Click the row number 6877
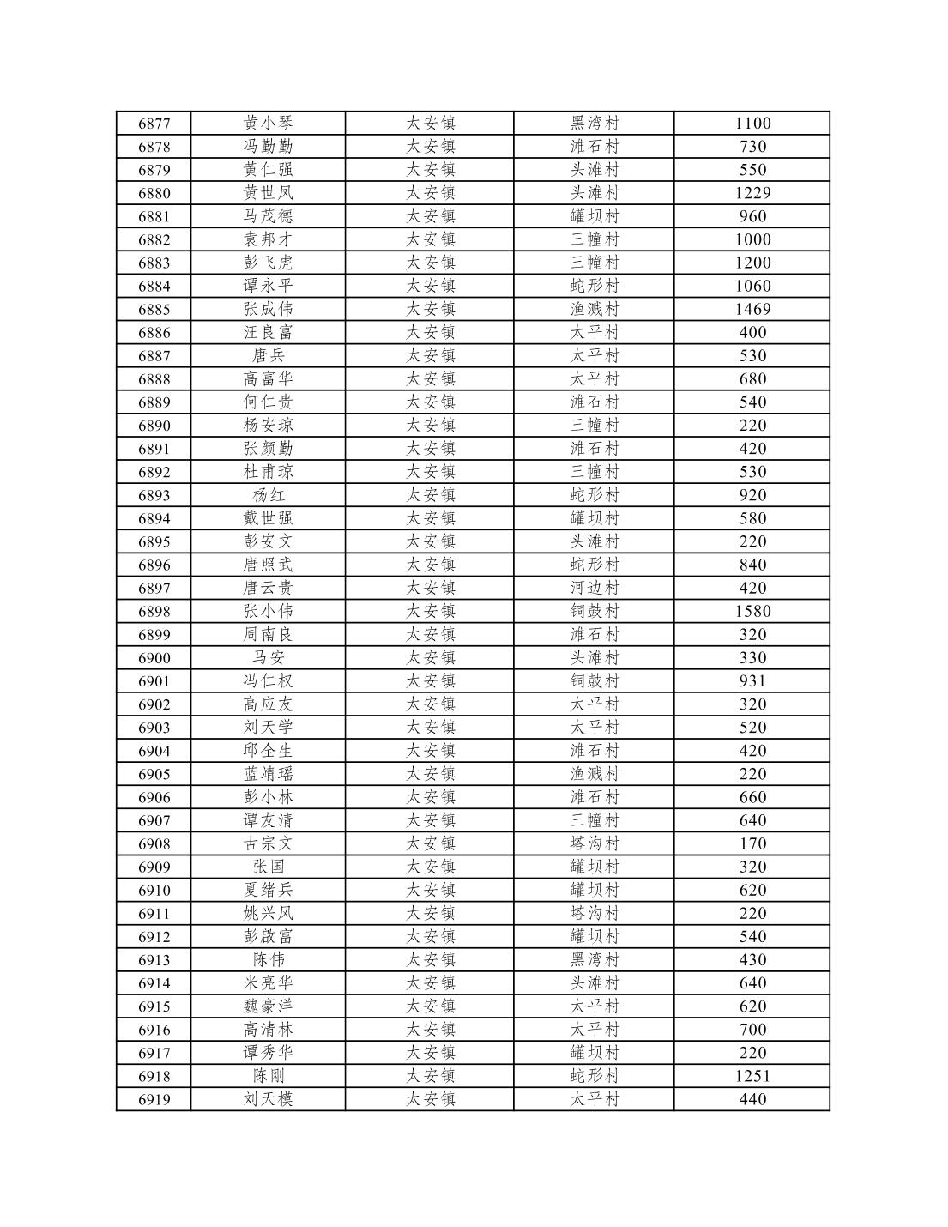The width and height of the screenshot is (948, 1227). [154, 124]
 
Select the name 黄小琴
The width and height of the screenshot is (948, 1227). [268, 124]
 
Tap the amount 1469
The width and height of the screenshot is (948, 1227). [752, 309]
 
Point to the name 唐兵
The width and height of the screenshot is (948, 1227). [268, 355]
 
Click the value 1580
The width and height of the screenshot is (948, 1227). [752, 612]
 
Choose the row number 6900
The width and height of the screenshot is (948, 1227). [154, 658]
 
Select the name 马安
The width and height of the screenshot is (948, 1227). [268, 658]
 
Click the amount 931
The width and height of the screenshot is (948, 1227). [752, 681]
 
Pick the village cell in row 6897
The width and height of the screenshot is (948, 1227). [595, 589]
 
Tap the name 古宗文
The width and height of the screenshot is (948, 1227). [268, 844]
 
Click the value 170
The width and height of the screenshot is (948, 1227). [752, 844]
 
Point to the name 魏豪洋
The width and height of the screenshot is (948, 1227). [268, 1006]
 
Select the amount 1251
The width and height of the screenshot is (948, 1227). [752, 1076]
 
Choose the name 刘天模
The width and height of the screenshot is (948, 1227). [268, 1099]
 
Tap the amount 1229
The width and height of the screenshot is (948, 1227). [752, 193]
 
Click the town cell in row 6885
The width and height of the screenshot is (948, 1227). [430, 309]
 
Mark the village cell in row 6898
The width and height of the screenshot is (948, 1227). [595, 612]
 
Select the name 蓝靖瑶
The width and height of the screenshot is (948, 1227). [268, 774]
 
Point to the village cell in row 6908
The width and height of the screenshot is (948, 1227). [595, 844]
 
